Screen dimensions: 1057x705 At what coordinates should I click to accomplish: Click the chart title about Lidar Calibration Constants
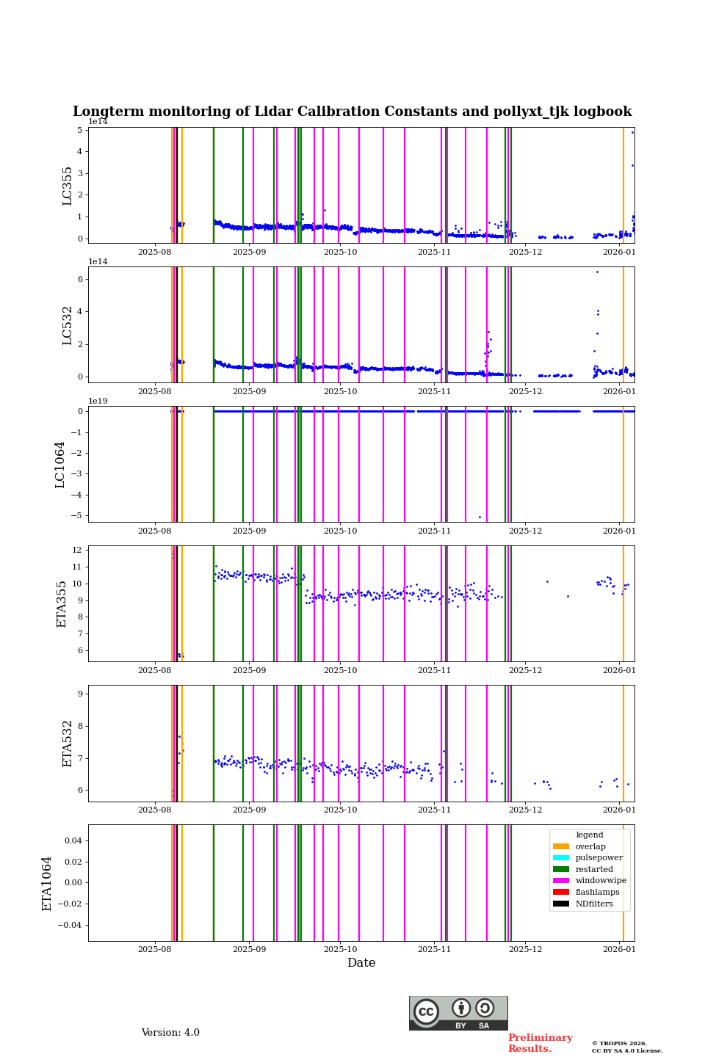tap(352, 112)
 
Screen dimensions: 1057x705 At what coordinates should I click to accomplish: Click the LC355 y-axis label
tap(68, 186)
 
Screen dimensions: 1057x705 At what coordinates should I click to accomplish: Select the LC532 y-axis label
tap(68, 325)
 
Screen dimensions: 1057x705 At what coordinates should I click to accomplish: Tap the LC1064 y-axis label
tap(60, 465)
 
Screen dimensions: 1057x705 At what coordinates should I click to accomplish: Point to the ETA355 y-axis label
tap(62, 604)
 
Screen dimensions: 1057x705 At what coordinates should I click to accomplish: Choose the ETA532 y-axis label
tap(68, 744)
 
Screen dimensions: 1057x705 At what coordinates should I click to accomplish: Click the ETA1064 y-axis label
tap(47, 883)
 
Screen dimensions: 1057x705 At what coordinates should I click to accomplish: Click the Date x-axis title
tap(361, 963)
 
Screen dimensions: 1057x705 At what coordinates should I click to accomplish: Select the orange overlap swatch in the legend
tap(561, 846)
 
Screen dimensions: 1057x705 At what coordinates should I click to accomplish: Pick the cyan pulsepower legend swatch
tap(561, 858)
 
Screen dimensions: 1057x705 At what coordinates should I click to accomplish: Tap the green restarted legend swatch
tap(561, 869)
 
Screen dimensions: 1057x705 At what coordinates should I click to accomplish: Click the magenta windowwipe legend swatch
tap(561, 881)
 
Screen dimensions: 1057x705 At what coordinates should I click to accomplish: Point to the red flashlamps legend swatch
tap(561, 893)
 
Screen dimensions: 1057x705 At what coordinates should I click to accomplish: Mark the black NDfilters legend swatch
tap(561, 904)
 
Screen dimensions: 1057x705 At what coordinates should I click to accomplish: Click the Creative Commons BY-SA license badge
tap(458, 1013)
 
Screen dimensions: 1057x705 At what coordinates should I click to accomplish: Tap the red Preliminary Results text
tap(540, 1043)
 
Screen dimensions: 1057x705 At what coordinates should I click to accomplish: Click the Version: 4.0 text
tap(170, 1033)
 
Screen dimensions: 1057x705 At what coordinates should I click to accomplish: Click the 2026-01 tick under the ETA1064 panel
tap(619, 949)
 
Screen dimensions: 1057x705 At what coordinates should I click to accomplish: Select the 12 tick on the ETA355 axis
tap(76, 550)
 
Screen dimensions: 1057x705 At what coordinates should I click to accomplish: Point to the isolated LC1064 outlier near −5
tap(480, 517)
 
